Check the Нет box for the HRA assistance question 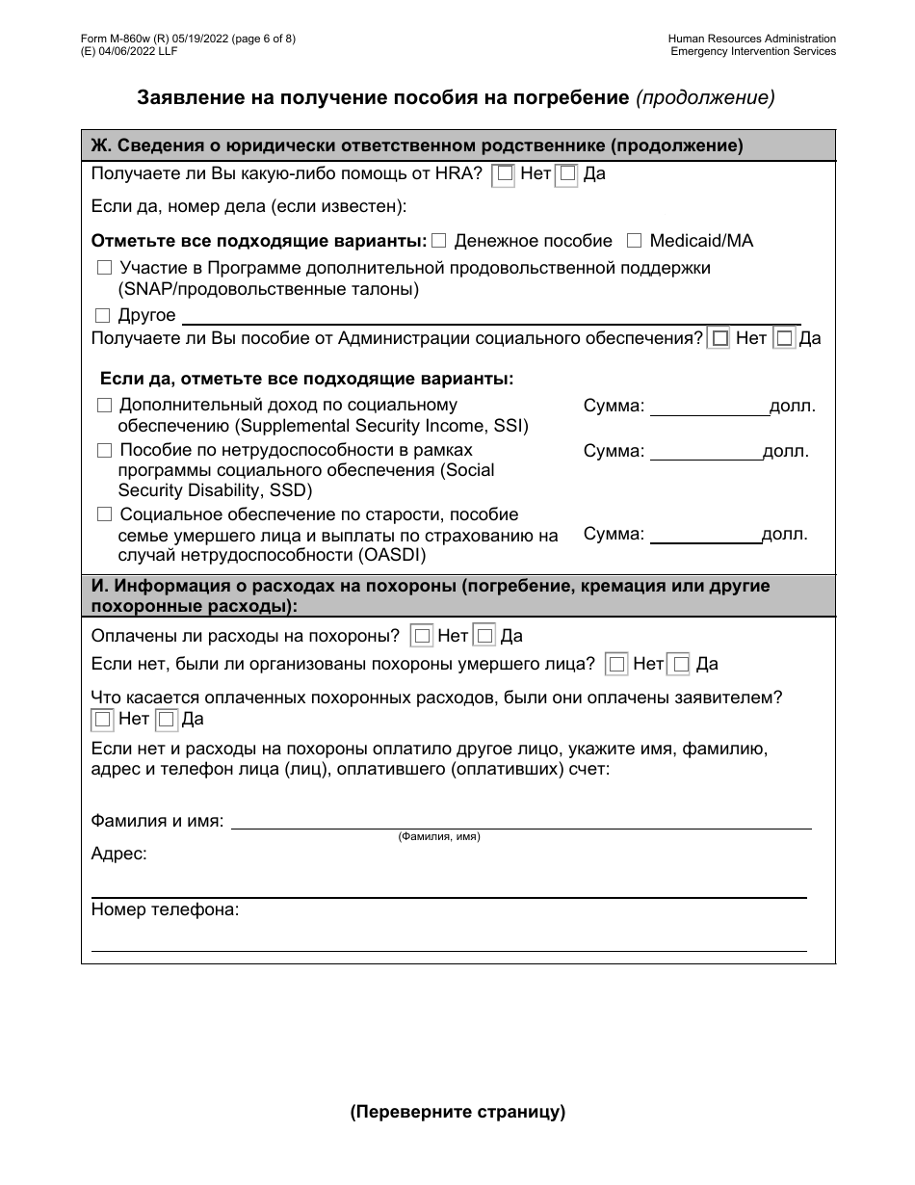(504, 175)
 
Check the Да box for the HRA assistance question (567, 175)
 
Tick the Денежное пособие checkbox (439, 240)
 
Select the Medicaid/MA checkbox (635, 240)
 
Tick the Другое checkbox (103, 315)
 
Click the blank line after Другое (491, 316)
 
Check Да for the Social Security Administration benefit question (784, 338)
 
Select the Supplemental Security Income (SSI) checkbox (104, 406)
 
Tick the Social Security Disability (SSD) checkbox (104, 450)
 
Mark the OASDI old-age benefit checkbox (104, 514)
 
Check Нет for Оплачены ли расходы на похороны (421, 636)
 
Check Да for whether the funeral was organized (680, 664)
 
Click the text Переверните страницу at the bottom (457, 1112)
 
